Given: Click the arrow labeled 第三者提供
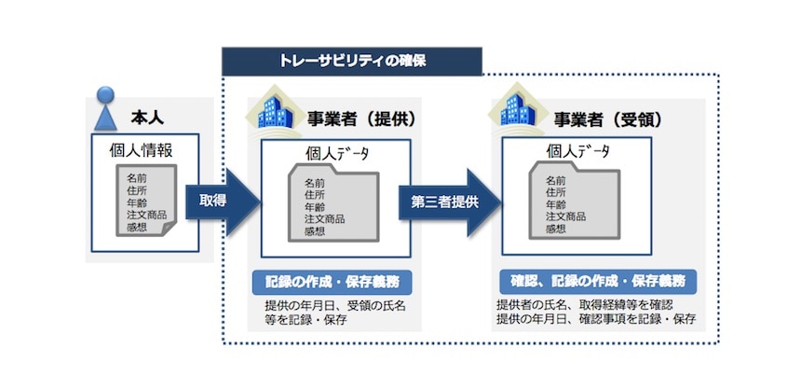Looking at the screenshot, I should pos(445,201).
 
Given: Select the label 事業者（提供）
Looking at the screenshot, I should pos(361,119).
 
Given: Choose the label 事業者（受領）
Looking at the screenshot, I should pos(606,119).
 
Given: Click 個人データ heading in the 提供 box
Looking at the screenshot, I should pos(338,156).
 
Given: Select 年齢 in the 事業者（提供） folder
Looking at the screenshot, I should pos(316,207).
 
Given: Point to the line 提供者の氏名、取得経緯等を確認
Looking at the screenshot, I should pos(585,305).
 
